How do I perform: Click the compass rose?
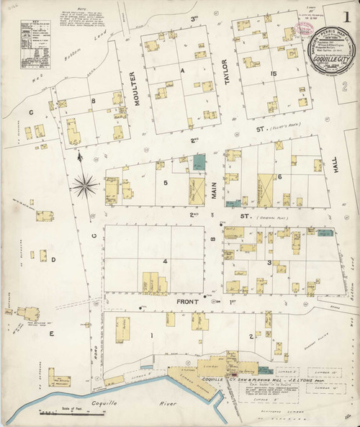click(86, 185)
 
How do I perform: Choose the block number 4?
click(165, 261)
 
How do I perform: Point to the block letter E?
click(51, 334)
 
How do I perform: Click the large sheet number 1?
click(346, 14)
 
